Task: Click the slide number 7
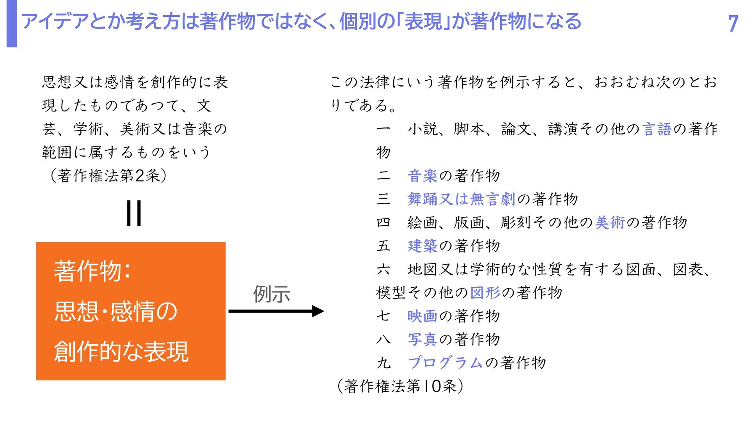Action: (x=733, y=23)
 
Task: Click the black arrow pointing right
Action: (x=276, y=311)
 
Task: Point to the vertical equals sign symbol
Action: (x=134, y=213)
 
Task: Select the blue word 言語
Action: (x=657, y=129)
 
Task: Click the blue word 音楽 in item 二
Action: (x=422, y=176)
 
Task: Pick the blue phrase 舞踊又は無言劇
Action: (x=461, y=199)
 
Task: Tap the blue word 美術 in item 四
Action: (x=610, y=223)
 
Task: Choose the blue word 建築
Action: (x=422, y=246)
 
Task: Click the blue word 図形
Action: (x=485, y=293)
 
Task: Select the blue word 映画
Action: (x=422, y=316)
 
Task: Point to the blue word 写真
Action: (x=422, y=340)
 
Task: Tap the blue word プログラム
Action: (x=445, y=363)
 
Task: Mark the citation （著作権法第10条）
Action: (x=400, y=386)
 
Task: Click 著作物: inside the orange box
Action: (x=92, y=271)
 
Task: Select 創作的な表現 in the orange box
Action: (x=121, y=352)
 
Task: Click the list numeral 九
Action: (x=383, y=363)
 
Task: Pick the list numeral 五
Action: (x=383, y=246)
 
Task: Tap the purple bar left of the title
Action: (x=12, y=23)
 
